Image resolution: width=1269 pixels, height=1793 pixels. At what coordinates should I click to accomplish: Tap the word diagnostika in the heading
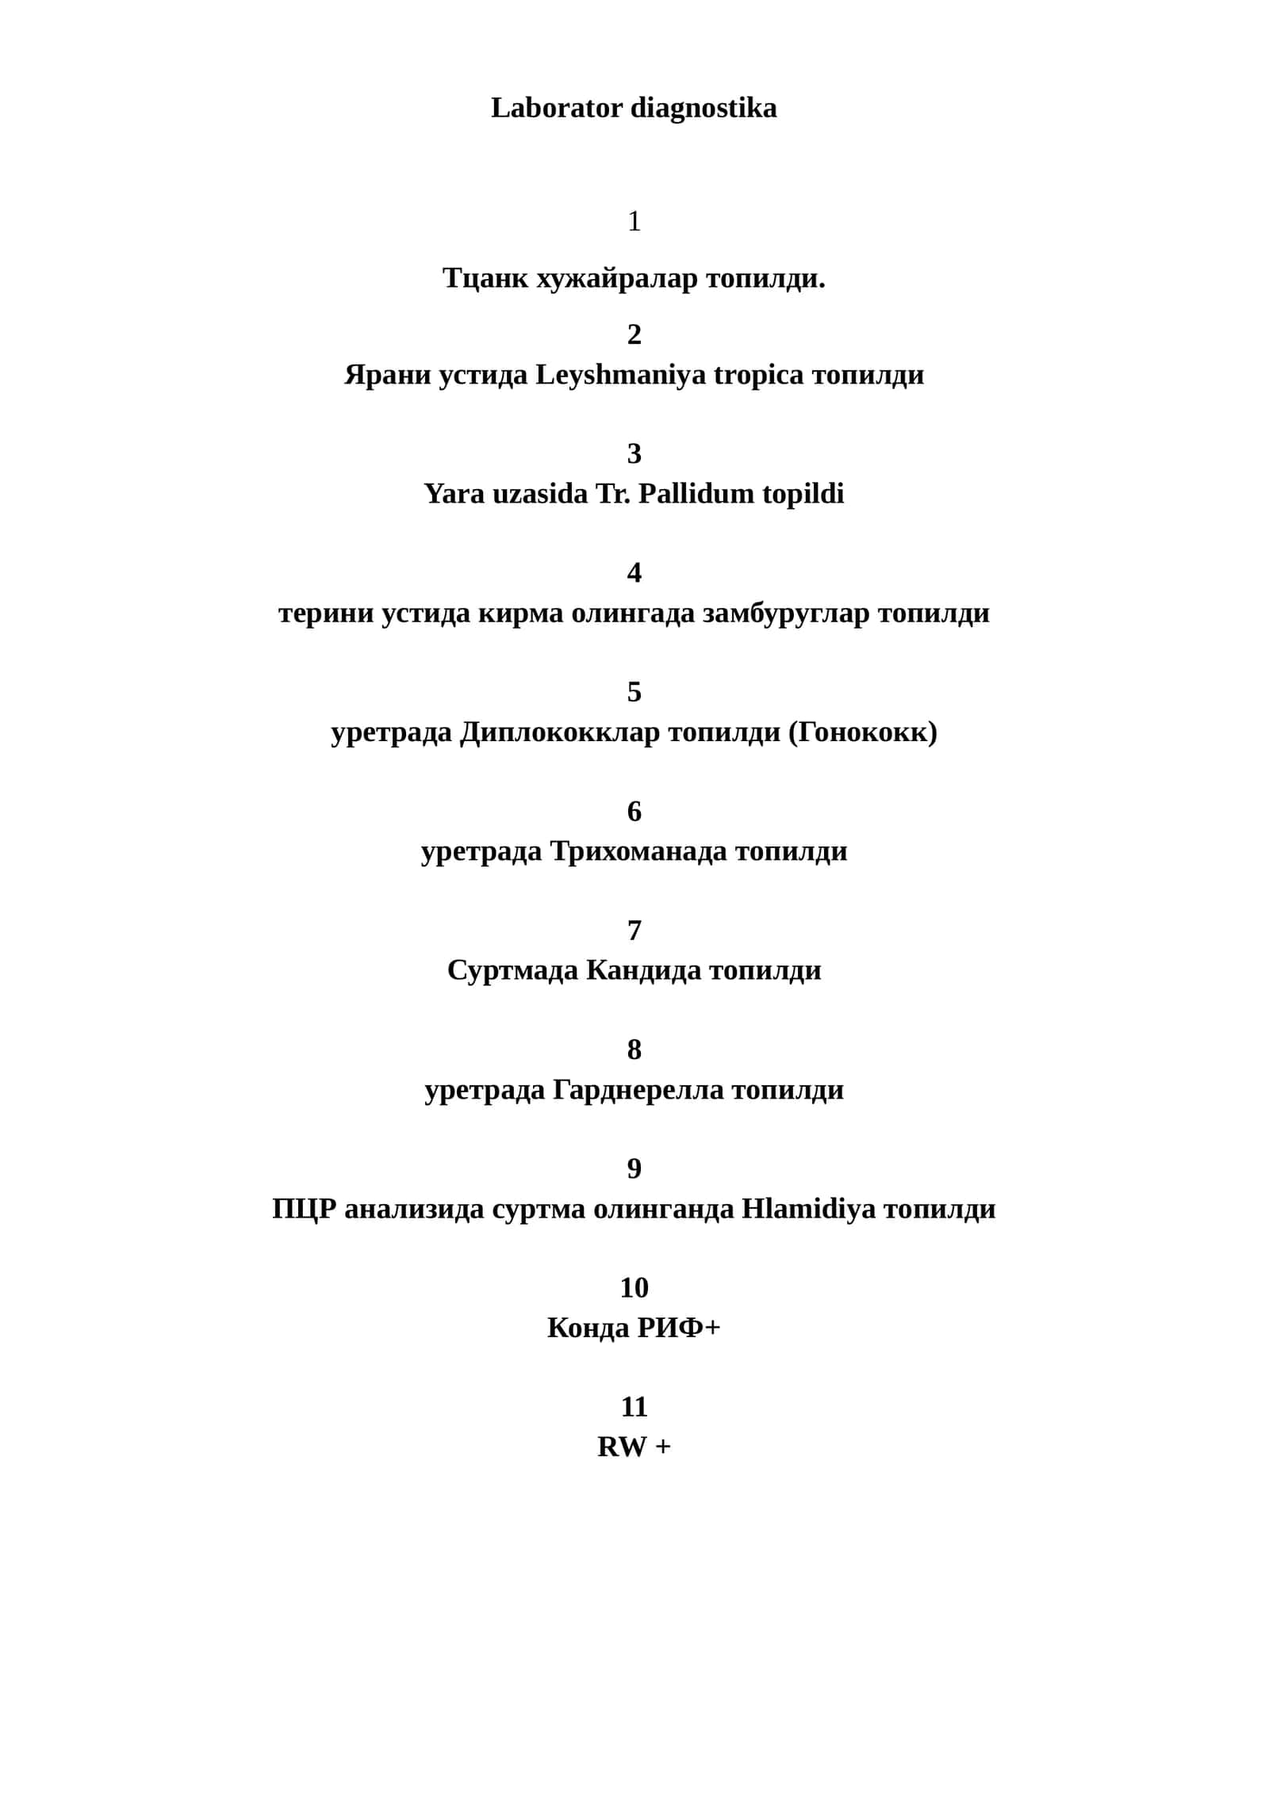(x=704, y=108)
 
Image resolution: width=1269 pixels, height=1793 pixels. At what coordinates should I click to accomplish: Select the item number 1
(x=634, y=221)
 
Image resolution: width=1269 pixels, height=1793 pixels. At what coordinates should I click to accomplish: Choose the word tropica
(x=759, y=375)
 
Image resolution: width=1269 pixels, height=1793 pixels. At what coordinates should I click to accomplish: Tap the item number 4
(x=634, y=572)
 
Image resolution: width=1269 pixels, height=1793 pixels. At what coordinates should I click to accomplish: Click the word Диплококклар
(x=560, y=732)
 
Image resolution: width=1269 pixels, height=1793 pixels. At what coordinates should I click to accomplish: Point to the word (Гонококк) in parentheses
(x=863, y=732)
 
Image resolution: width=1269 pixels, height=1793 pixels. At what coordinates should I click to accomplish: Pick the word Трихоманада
(x=638, y=851)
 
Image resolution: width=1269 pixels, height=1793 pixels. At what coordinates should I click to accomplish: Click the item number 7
(x=634, y=930)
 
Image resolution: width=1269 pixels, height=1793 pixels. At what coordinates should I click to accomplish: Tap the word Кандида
(x=644, y=970)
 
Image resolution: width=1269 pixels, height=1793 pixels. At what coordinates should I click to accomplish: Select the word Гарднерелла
(x=638, y=1090)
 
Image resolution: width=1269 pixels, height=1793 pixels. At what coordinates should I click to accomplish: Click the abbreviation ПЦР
(x=305, y=1209)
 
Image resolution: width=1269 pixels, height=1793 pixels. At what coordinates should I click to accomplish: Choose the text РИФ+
(x=679, y=1328)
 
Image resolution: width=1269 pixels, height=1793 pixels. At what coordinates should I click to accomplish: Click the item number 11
(x=634, y=1407)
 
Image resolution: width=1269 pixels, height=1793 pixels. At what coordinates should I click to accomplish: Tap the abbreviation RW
(x=622, y=1447)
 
